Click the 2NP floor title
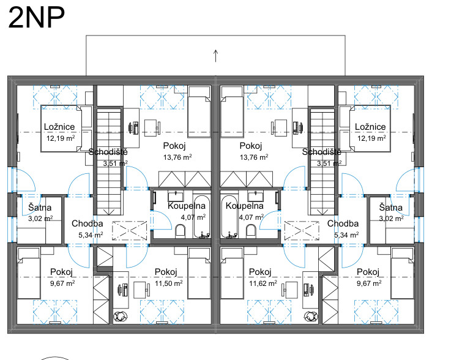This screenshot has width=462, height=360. [36, 18]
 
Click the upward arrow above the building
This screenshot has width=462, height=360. [215, 56]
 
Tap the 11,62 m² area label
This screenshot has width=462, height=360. [263, 283]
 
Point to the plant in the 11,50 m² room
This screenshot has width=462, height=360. [120, 317]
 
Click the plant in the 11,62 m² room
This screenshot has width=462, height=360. [311, 317]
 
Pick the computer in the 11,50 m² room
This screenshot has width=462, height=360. [123, 290]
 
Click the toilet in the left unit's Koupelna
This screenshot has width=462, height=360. [180, 231]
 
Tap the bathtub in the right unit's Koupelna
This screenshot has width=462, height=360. [229, 217]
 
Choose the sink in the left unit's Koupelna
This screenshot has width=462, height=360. [176, 196]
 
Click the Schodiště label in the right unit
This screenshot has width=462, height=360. [321, 152]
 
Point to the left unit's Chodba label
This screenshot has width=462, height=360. [88, 223]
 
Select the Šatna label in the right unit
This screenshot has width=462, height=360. [390, 208]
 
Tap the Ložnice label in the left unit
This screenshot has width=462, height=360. [59, 127]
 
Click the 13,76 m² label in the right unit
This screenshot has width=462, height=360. [254, 157]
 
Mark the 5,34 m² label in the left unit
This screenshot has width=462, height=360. [91, 235]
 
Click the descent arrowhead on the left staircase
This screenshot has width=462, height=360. [109, 212]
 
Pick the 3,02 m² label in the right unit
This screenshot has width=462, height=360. [390, 219]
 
